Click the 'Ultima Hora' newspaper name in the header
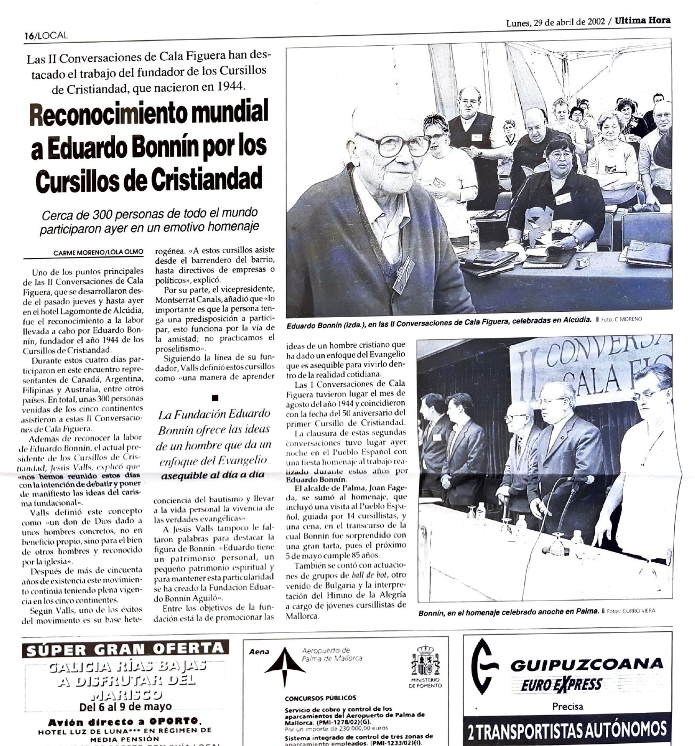click(x=642, y=21)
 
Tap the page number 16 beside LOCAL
click(x=29, y=36)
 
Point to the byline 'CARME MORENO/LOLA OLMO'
click(x=98, y=253)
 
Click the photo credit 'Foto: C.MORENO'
click(x=621, y=319)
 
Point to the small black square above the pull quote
click(x=215, y=398)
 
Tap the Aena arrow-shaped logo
click(x=285, y=666)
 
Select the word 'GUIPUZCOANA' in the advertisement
click(x=586, y=664)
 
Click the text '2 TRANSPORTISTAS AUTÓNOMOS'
click(x=567, y=731)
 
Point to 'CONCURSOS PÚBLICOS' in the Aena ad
click(x=320, y=698)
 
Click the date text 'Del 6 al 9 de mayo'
click(x=125, y=707)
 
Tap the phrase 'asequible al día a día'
click(x=213, y=475)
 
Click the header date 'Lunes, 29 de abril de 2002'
click(x=555, y=22)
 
